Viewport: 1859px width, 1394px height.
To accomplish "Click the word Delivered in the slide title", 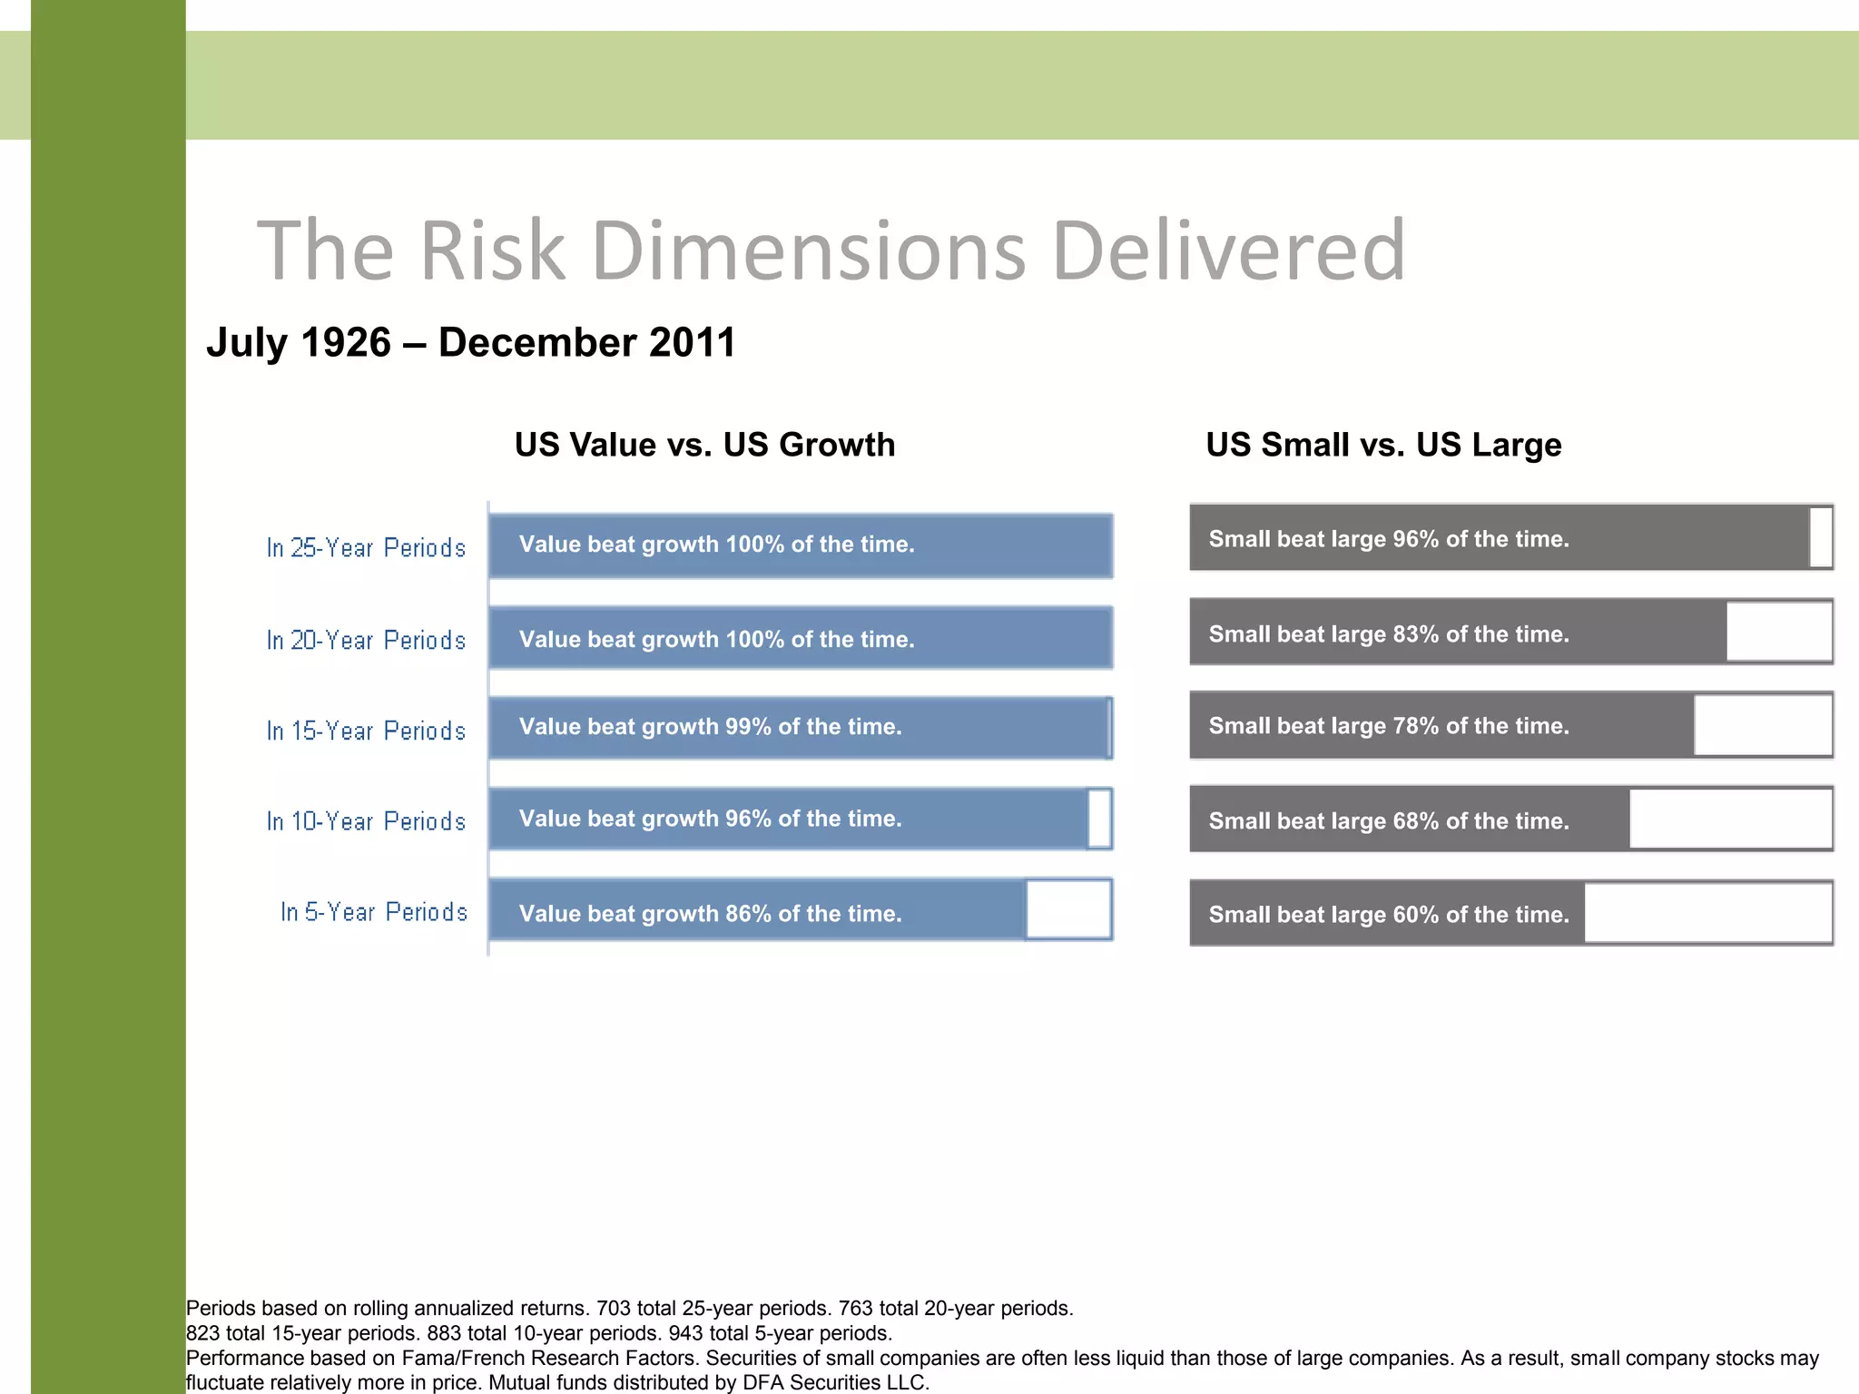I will coord(1229,250).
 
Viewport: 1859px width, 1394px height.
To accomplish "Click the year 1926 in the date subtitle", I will coord(344,343).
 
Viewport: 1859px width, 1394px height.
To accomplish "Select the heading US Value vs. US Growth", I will coord(704,445).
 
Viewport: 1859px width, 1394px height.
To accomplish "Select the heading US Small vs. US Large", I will coord(1383,445).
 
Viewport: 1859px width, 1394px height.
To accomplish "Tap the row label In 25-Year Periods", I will coord(366,548).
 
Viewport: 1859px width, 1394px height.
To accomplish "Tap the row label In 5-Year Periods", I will coord(373,911).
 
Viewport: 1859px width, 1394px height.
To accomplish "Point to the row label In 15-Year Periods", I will coord(366,731).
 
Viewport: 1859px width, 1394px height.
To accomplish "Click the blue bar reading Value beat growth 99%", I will coord(799,727).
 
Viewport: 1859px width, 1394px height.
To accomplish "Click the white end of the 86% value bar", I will coord(1068,909).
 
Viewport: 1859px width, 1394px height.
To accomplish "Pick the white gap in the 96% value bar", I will coord(1098,819).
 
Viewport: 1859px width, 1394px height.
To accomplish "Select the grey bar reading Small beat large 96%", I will coord(1498,538).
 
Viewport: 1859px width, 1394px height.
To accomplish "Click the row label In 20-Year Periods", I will coord(366,640).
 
